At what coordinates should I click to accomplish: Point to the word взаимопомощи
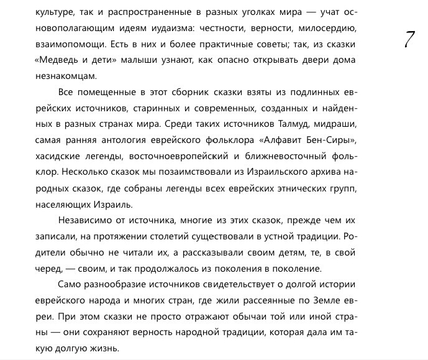click(65, 44)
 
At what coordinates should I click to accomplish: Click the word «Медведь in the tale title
click(60, 60)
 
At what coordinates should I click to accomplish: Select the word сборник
click(186, 92)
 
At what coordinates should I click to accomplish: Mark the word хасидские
click(58, 155)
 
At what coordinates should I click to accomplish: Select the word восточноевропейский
click(184, 155)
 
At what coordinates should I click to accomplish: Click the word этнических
click(309, 187)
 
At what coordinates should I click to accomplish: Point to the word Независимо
click(84, 219)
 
